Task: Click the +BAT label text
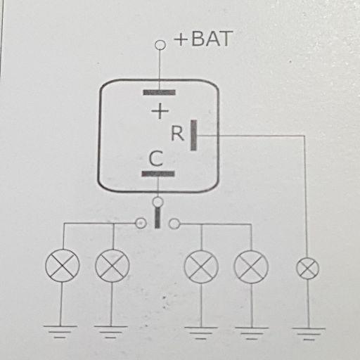click(x=203, y=39)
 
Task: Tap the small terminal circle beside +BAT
click(x=160, y=45)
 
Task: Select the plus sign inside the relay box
click(x=160, y=110)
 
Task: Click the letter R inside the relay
click(x=177, y=134)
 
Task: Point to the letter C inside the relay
click(x=156, y=159)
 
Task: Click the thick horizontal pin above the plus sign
click(x=160, y=93)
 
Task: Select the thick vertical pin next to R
click(x=193, y=135)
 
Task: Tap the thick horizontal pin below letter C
click(x=158, y=174)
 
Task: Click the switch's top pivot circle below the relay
click(x=158, y=202)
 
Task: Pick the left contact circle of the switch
click(x=141, y=223)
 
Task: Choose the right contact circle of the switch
click(x=174, y=224)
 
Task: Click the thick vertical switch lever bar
click(x=157, y=217)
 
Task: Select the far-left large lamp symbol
click(x=63, y=266)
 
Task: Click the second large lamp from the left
click(x=112, y=266)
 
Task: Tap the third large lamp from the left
click(x=201, y=266)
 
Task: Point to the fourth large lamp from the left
click(x=251, y=266)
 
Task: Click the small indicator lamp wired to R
click(x=308, y=268)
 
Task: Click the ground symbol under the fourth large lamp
click(x=252, y=333)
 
